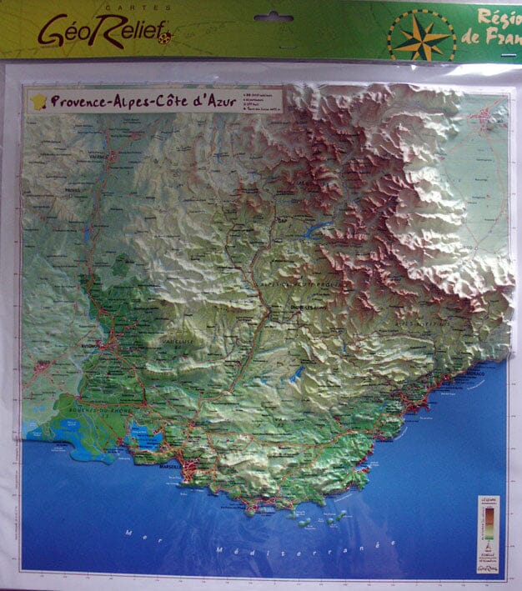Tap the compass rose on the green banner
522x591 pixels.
point(421,35)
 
